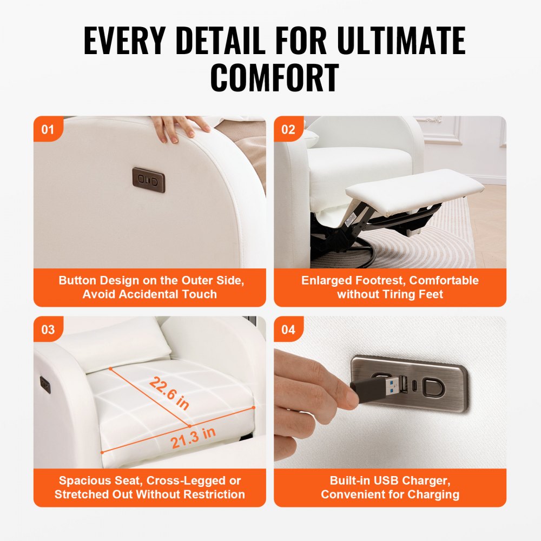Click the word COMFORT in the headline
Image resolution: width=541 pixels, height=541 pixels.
[274, 78]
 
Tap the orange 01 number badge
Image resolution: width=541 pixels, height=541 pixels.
[48, 130]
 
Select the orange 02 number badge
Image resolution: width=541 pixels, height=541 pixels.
[288, 130]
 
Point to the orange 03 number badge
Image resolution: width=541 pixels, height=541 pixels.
[48, 329]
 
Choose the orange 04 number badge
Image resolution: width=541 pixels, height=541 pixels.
[288, 329]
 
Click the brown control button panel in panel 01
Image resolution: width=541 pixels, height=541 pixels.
[149, 180]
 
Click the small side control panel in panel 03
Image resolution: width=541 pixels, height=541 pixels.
[45, 385]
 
